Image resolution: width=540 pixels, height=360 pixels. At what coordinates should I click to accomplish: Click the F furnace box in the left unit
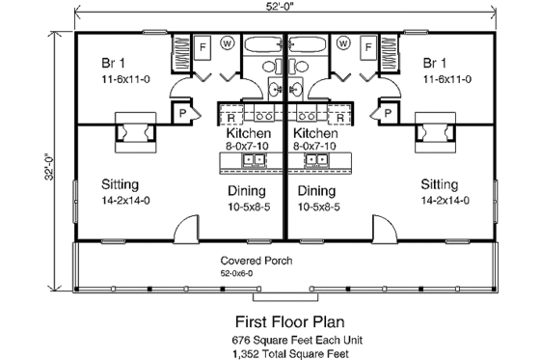coord(203,45)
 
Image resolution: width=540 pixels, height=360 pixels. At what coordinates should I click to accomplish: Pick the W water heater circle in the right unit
coord(342,43)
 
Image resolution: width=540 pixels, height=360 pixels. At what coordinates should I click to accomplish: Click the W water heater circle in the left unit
coord(228,43)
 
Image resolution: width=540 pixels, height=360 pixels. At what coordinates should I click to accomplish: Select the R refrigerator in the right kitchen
coord(342,114)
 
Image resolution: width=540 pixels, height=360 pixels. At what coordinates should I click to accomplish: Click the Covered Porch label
coord(257,262)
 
